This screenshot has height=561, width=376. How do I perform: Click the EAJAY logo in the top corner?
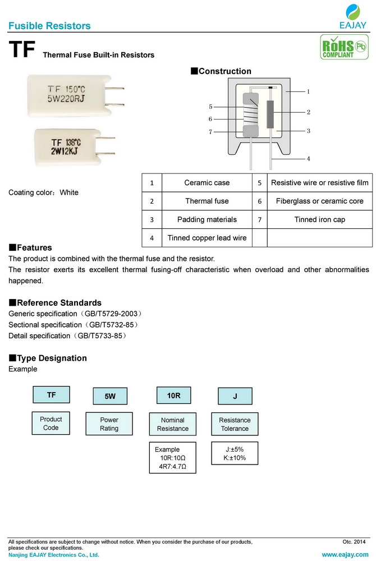tap(352, 16)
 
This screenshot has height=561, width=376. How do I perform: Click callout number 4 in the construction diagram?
tap(308, 159)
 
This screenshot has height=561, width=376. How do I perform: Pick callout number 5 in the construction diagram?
tap(210, 107)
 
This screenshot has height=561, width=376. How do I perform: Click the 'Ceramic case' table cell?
tap(207, 183)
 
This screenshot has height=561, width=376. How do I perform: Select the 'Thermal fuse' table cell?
tap(207, 201)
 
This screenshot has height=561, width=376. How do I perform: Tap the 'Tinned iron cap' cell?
tap(319, 219)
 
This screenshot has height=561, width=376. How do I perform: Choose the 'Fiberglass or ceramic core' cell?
tap(319, 201)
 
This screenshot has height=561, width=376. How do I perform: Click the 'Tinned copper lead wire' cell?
tap(207, 238)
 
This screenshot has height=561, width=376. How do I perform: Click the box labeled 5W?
tap(110, 397)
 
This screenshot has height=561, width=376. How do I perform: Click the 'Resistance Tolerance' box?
tap(235, 424)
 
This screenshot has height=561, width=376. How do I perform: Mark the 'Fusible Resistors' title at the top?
tap(50, 26)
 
